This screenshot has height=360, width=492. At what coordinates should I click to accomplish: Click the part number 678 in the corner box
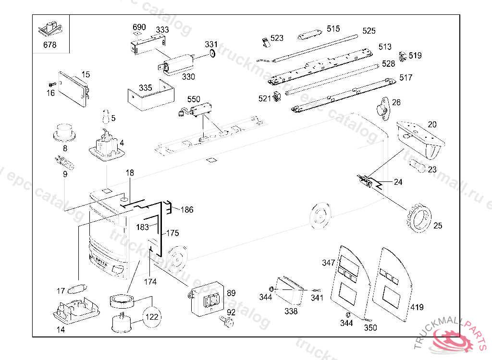click(49, 45)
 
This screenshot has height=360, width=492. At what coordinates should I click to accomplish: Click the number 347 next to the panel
click(329, 263)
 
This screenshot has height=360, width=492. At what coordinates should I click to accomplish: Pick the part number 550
click(194, 99)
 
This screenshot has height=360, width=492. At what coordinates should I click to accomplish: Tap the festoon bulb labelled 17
click(76, 289)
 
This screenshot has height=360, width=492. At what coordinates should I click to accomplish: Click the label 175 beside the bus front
click(173, 233)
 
